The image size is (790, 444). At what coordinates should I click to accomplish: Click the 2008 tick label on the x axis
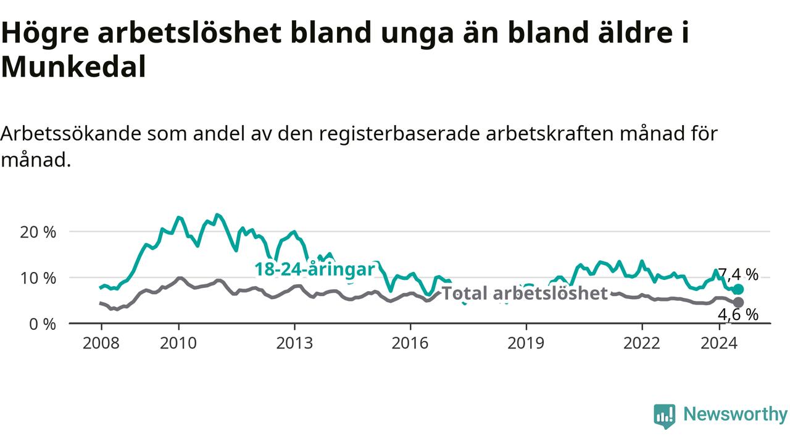[x=101, y=343]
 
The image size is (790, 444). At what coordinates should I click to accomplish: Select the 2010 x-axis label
[x=178, y=343]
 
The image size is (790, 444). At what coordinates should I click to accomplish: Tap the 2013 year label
[x=294, y=343]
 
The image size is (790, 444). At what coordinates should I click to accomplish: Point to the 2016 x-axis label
[x=410, y=343]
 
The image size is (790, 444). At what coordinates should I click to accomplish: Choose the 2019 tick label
[x=526, y=343]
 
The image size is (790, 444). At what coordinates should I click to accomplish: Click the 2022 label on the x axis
[x=642, y=343]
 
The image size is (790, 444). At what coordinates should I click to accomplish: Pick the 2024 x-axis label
[x=719, y=343]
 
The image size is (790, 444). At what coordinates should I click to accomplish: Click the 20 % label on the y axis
[x=38, y=232]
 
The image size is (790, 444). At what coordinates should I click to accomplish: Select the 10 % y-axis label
[x=38, y=278]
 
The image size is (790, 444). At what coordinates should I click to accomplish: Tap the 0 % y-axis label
[x=43, y=324]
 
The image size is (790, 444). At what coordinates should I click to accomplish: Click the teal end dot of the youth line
[x=738, y=289]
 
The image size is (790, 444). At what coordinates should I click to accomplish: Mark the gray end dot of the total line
[x=738, y=302]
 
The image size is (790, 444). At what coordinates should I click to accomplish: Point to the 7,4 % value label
[x=738, y=274]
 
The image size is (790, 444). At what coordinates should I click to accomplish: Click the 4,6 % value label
[x=738, y=314]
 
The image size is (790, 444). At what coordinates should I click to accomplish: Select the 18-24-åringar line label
[x=315, y=269]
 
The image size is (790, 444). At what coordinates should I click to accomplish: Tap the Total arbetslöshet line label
[x=525, y=293]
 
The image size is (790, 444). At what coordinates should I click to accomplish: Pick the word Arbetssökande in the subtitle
[x=71, y=134]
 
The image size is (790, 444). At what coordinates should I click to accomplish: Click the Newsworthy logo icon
[x=665, y=416]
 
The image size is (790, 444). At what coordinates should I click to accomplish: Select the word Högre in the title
[x=45, y=33]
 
